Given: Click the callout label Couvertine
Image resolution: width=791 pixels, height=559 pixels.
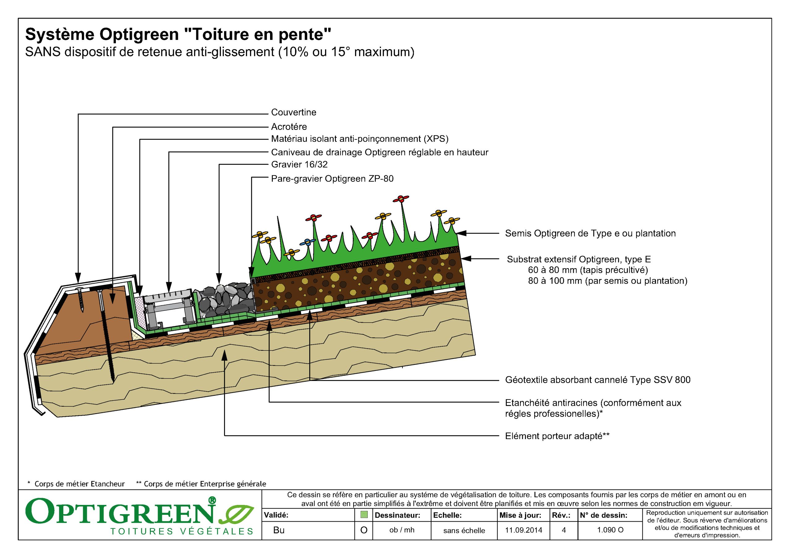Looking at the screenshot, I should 293,112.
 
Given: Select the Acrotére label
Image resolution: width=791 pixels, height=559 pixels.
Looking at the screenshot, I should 289,127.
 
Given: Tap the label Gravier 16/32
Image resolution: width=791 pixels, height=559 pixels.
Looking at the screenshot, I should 299,164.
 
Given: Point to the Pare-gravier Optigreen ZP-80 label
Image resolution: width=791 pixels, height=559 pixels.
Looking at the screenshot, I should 332,179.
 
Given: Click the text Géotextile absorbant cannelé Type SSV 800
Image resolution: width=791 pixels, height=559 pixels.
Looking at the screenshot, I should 597,380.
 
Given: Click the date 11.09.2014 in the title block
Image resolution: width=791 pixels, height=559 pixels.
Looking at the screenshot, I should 523,530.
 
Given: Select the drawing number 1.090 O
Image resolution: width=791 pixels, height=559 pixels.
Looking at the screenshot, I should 610,530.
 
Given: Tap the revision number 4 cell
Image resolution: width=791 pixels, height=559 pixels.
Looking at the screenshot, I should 564,530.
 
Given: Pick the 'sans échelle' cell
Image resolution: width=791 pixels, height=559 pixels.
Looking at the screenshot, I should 464,530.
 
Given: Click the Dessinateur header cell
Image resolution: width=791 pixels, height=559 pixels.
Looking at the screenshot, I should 397,515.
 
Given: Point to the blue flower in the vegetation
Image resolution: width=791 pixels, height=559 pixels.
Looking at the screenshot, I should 307,242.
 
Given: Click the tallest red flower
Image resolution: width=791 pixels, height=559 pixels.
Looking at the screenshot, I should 401,199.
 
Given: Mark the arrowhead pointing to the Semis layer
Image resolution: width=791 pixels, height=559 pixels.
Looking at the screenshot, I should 462,233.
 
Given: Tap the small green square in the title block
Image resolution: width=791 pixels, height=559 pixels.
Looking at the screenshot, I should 364,515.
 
